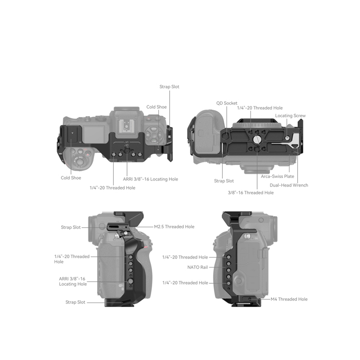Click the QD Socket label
point(227,103)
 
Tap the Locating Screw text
point(290,116)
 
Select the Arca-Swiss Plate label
point(277,176)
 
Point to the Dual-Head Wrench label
point(289,185)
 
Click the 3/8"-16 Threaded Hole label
point(251,193)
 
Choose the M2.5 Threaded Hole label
point(174,227)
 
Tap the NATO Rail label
point(197,267)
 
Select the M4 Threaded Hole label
point(289,299)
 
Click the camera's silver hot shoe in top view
point(125,127)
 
